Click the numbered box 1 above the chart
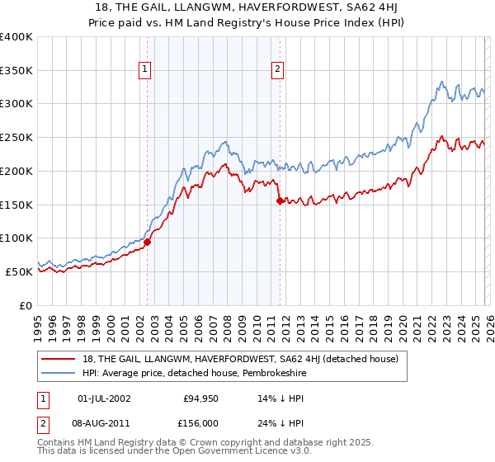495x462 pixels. tap(145, 70)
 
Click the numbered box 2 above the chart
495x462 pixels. tap(277, 70)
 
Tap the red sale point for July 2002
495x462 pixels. tap(148, 242)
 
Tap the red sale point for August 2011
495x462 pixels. tap(280, 200)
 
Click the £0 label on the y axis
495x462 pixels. tap(26, 305)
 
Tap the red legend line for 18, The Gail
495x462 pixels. tap(59, 359)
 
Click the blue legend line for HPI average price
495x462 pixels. tap(59, 373)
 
